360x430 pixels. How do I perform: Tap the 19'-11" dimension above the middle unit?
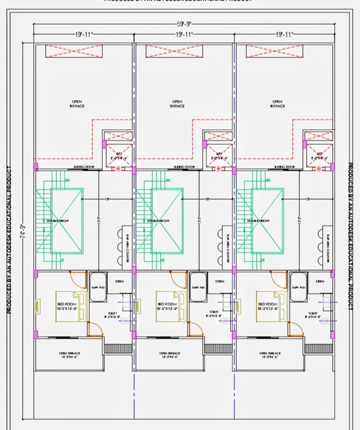pyautogui.click(x=185, y=34)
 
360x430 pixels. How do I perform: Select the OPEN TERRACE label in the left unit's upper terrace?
pyautogui.click(x=76, y=104)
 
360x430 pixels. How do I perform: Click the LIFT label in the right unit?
pyautogui.click(x=317, y=156)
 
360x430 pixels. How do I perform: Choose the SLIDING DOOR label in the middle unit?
pyautogui.click(x=183, y=167)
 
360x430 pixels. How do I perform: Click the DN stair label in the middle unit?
pyautogui.click(x=167, y=180)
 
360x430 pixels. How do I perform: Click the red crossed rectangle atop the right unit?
pyautogui.click(x=275, y=51)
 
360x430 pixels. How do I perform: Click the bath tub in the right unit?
pyautogui.click(x=298, y=287)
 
